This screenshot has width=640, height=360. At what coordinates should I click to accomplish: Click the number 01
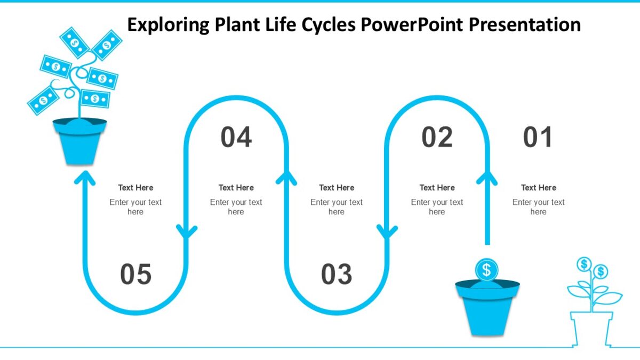(x=538, y=138)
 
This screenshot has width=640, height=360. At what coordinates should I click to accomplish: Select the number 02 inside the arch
(x=437, y=138)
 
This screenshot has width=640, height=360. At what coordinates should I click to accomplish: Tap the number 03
(x=337, y=275)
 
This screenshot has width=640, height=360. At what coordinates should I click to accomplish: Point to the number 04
(x=236, y=138)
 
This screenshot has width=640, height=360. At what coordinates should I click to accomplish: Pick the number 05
(x=135, y=275)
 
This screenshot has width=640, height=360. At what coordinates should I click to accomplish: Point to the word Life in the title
(x=282, y=25)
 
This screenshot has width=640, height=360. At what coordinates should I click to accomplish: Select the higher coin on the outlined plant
(x=584, y=263)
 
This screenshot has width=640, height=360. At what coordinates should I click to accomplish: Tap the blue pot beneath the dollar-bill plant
(x=79, y=141)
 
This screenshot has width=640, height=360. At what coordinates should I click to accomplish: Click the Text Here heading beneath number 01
(x=538, y=188)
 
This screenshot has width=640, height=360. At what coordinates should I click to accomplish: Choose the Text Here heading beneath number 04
(x=236, y=188)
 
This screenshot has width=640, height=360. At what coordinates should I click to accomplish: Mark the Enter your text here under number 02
(x=437, y=207)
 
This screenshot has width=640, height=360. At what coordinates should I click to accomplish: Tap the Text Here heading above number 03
(x=337, y=188)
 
